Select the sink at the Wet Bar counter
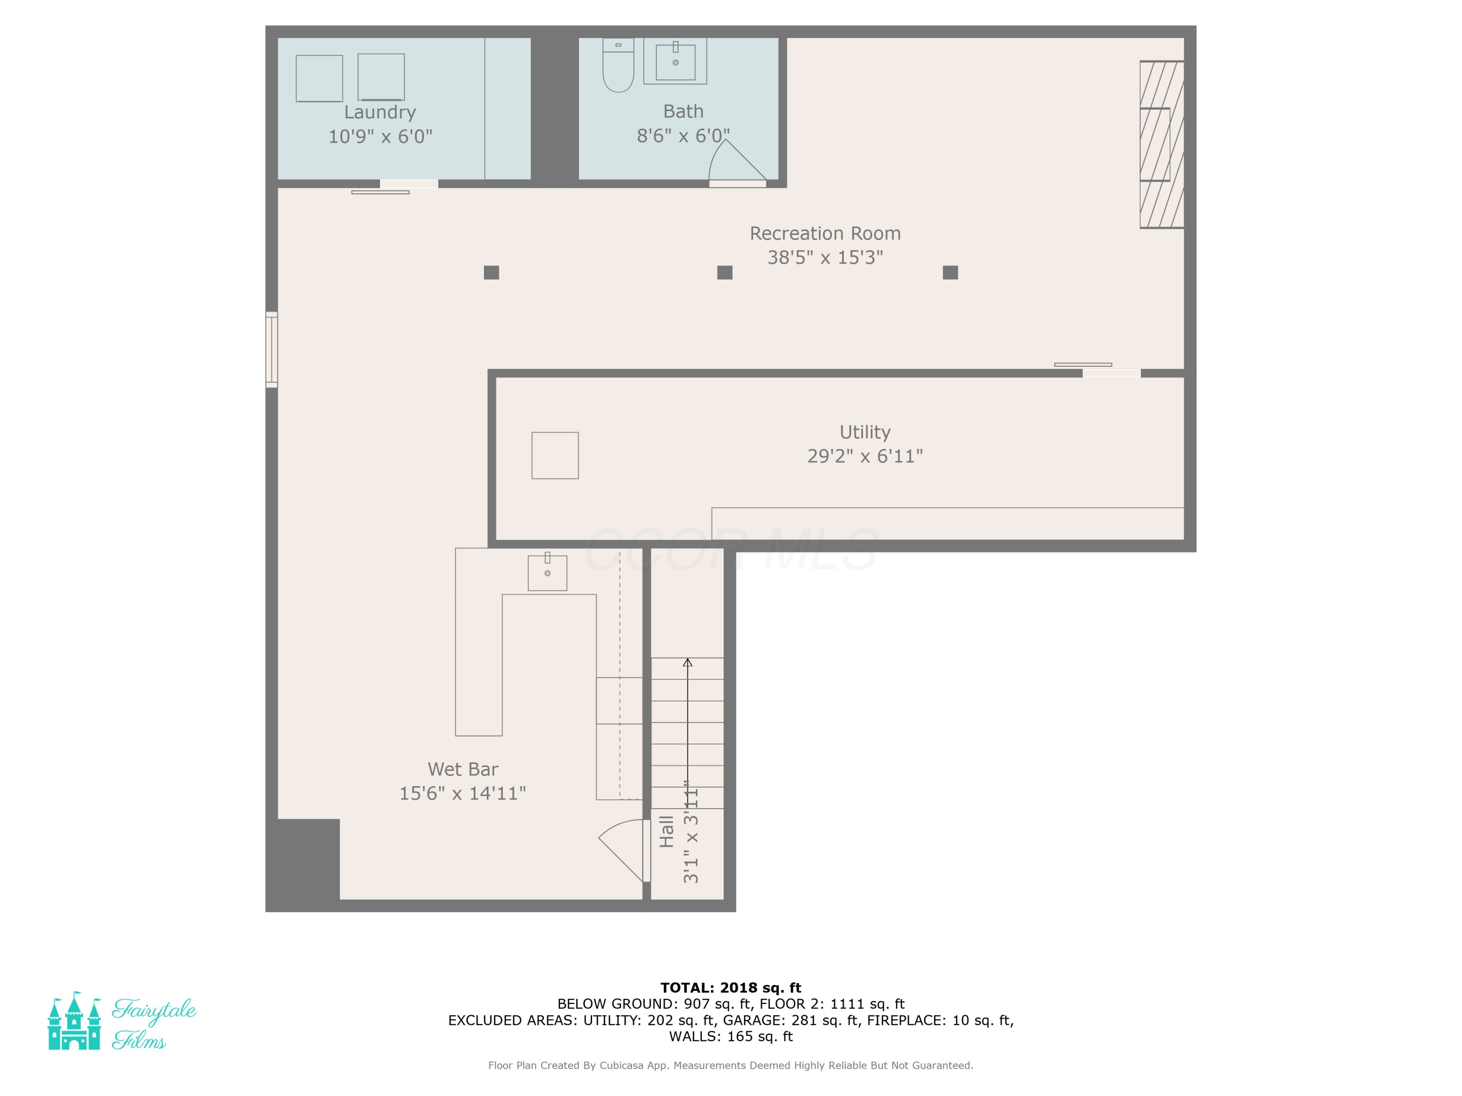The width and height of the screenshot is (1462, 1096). [547, 572]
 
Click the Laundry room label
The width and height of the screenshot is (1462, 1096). [380, 113]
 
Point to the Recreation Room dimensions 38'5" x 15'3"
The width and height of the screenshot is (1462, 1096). [825, 257]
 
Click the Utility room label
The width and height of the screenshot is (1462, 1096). [865, 432]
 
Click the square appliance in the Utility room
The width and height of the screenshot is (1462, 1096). [555, 455]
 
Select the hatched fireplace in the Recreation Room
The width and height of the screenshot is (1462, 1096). [1161, 145]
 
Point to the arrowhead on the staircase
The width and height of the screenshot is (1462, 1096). [687, 662]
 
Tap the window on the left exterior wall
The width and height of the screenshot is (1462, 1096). [271, 349]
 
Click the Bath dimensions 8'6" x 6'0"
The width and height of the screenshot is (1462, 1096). [683, 135]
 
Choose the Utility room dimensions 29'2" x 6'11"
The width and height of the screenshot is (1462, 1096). [865, 456]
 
